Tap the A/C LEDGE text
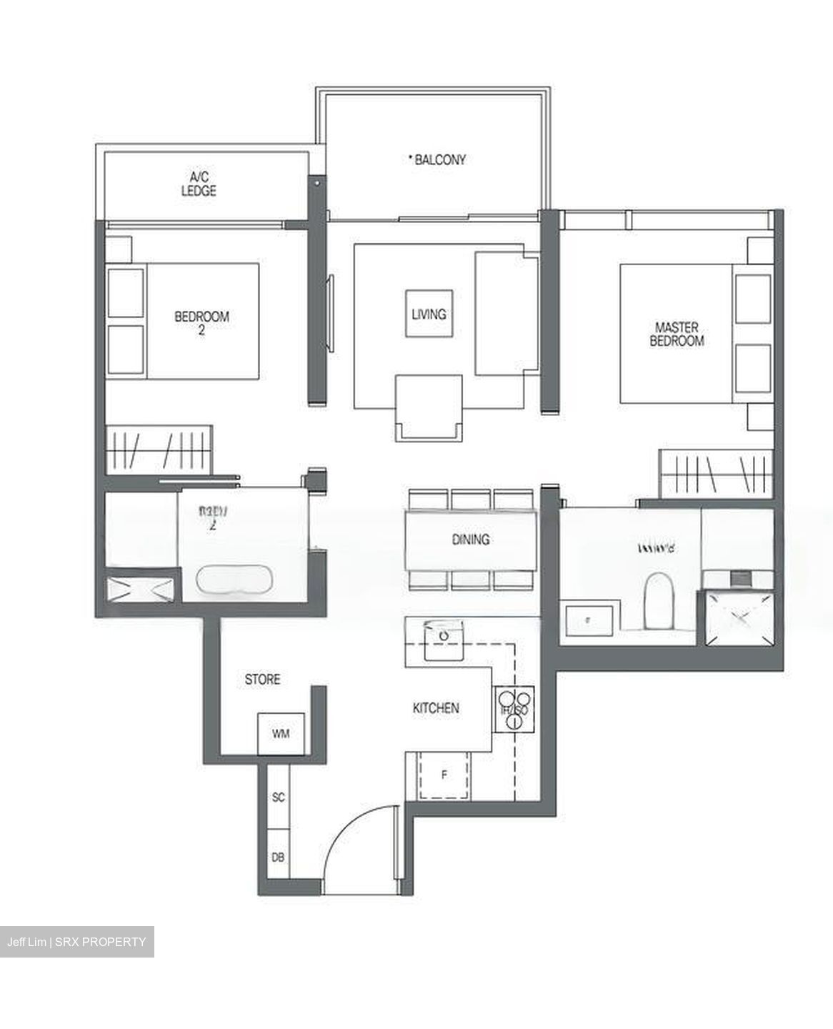tap(199, 184)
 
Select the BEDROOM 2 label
tap(201, 322)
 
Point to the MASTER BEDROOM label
tap(677, 334)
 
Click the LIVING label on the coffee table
tap(429, 314)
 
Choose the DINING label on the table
tap(471, 540)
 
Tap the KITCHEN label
tap(436, 708)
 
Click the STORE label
tap(262, 680)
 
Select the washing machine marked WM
tap(281, 733)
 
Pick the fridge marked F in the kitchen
tap(444, 775)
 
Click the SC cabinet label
tap(279, 797)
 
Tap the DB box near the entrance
tap(279, 856)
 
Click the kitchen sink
tap(444, 638)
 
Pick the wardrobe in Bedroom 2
tap(159, 448)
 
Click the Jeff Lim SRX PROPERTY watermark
tap(76, 942)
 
